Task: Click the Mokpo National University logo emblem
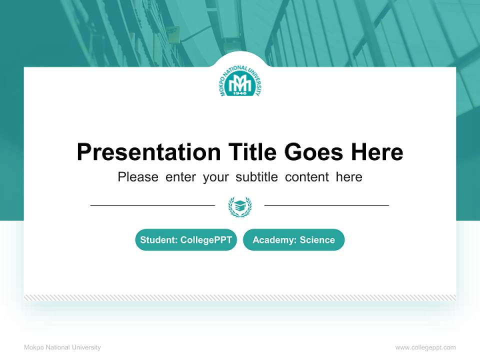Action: point(240,83)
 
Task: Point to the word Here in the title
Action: point(376,152)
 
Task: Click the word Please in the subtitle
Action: point(138,177)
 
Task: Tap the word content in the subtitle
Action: point(307,177)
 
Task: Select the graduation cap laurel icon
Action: point(240,205)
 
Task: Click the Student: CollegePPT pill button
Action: point(186,240)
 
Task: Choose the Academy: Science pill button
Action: point(293,240)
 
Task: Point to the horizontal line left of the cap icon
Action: point(152,205)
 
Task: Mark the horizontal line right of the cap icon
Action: point(326,205)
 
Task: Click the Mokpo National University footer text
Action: point(62,347)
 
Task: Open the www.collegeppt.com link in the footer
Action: point(425,347)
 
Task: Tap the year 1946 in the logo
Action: point(240,93)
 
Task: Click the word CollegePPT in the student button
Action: point(206,240)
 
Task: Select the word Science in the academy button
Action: point(317,240)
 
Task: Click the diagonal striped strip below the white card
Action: point(240,297)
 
